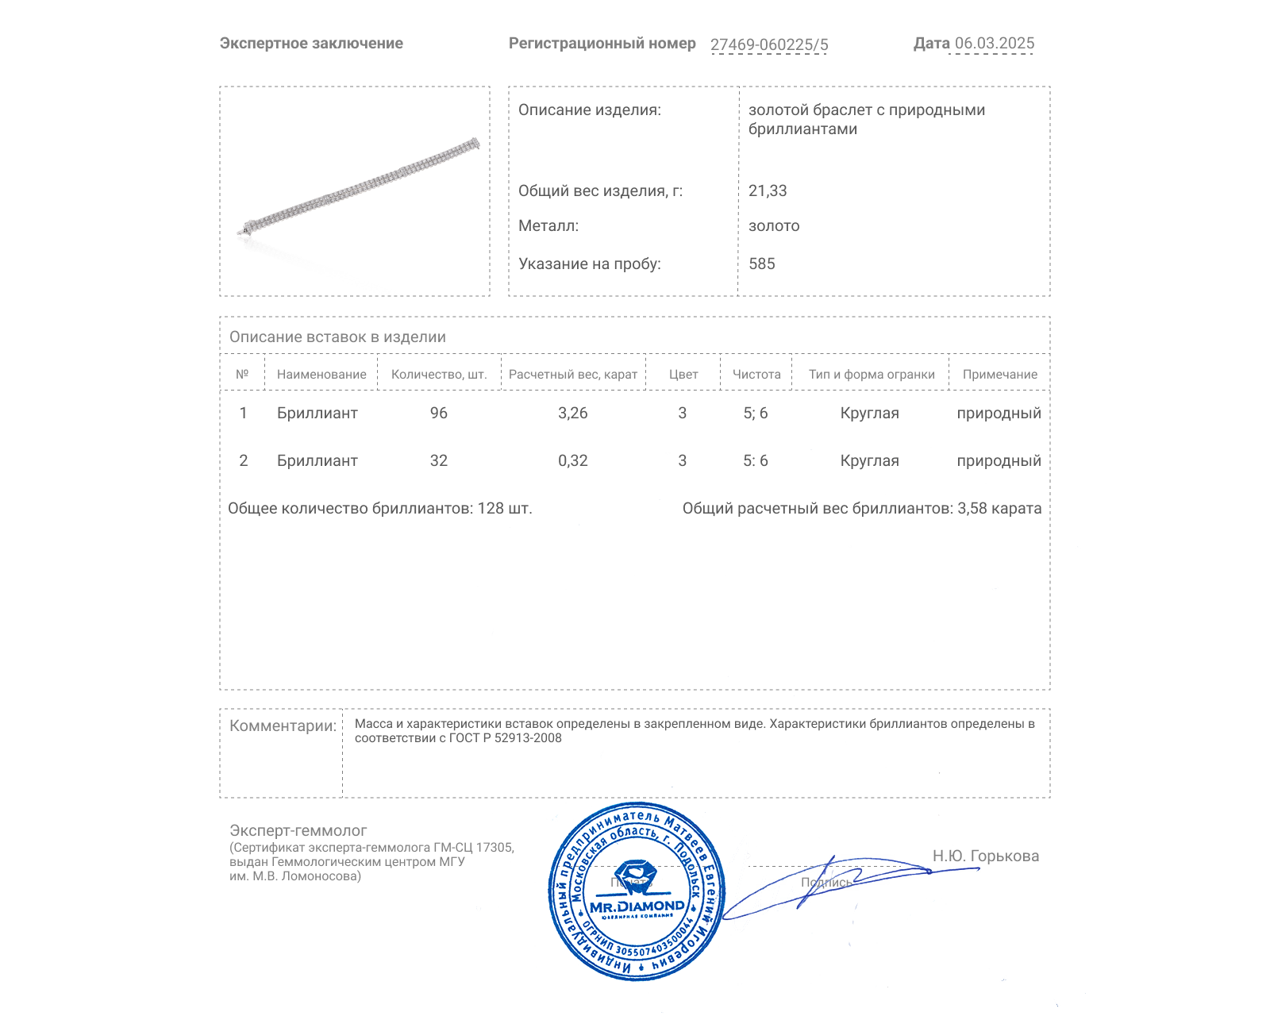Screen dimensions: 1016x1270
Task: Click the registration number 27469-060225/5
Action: point(768,44)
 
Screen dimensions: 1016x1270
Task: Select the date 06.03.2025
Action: point(994,44)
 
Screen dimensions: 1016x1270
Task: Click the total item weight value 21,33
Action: point(768,191)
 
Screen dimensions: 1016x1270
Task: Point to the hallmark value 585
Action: point(761,264)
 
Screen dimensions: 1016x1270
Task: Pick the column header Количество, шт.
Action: point(439,375)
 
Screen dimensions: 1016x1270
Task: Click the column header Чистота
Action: point(756,375)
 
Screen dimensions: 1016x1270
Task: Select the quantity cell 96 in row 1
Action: point(439,414)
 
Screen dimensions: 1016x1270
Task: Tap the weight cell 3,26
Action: point(572,414)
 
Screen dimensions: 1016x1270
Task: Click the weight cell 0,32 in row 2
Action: point(572,461)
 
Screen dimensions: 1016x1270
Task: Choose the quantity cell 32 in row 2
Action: point(439,461)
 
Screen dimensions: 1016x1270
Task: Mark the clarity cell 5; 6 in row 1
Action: point(755,414)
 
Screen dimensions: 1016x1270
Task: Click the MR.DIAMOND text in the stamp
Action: point(637,906)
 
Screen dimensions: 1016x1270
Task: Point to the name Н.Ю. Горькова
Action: point(985,856)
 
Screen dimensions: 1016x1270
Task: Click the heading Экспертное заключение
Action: point(311,44)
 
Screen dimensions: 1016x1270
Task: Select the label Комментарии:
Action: point(283,726)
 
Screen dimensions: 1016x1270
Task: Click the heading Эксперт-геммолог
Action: point(298,831)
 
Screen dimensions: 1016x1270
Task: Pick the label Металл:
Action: point(548,226)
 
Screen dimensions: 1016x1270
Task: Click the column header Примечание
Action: point(999,375)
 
